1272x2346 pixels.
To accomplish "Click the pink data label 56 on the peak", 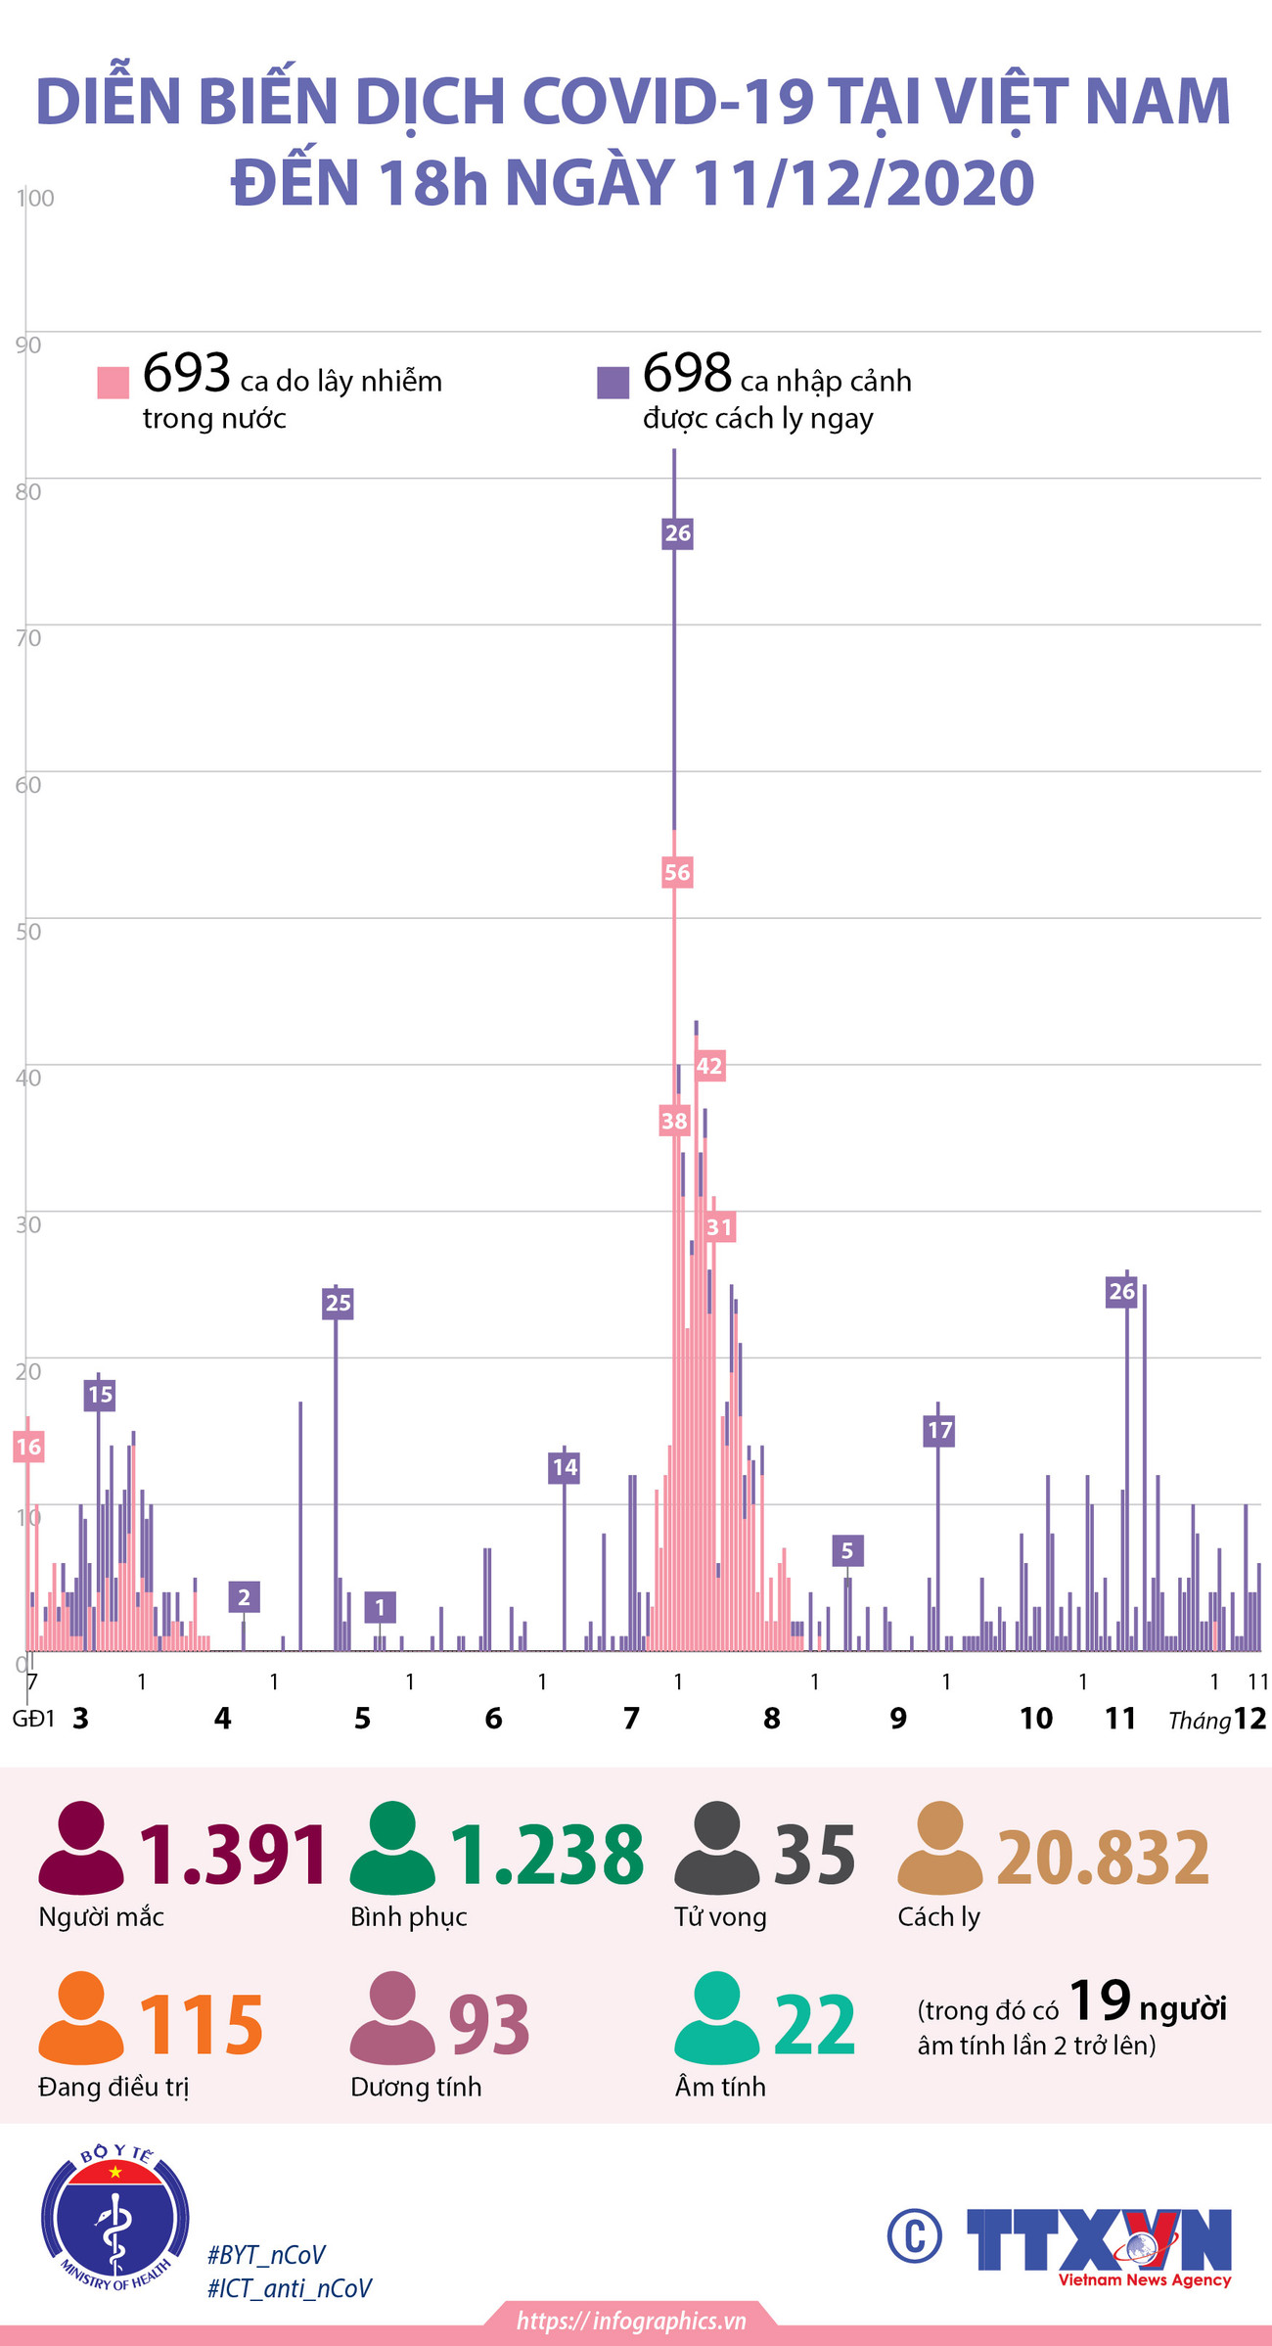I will click(x=677, y=872).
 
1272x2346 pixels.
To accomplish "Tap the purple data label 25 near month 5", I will click(x=338, y=1303).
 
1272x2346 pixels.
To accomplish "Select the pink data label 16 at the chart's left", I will click(x=28, y=1447).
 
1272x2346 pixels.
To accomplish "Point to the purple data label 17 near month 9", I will click(x=939, y=1430).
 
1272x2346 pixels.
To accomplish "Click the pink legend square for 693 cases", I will click(x=114, y=383).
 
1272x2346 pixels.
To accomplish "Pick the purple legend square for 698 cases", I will click(x=613, y=383).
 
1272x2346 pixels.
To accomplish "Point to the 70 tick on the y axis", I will click(x=28, y=638).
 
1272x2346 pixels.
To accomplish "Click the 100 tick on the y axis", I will click(x=35, y=198).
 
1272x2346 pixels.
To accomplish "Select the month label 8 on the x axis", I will click(x=772, y=1718).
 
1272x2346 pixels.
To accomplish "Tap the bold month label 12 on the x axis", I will click(x=1249, y=1719).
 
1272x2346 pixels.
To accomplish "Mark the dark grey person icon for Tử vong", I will click(x=716, y=1848).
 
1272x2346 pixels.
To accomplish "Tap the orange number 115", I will click(x=201, y=2024).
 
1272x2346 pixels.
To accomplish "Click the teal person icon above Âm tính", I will click(x=717, y=2018).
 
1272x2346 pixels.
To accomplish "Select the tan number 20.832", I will click(x=1103, y=1857).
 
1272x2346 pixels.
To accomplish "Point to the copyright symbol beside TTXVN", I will click(x=915, y=2236).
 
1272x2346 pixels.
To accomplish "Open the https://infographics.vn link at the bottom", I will click(x=631, y=2321).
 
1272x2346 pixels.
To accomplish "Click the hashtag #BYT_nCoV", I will click(x=266, y=2255).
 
